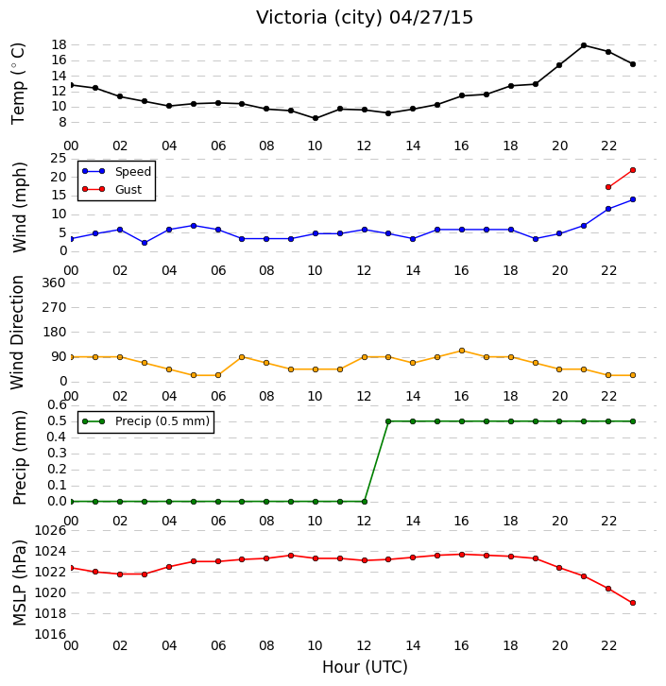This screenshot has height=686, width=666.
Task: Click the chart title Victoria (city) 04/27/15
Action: (x=365, y=18)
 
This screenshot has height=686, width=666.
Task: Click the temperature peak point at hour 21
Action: (x=584, y=45)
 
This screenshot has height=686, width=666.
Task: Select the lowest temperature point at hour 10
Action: (x=316, y=118)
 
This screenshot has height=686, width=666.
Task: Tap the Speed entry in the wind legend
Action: (x=116, y=171)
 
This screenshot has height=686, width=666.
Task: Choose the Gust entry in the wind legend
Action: (x=112, y=189)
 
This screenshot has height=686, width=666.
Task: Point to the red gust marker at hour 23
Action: (x=632, y=170)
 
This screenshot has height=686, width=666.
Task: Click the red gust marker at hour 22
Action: (x=607, y=187)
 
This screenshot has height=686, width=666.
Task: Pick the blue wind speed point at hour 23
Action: (x=632, y=199)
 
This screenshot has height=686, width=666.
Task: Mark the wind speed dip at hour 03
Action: (x=145, y=243)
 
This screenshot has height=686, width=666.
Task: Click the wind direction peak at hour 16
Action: (x=462, y=351)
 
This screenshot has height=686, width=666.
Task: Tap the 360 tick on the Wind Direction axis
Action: (x=54, y=283)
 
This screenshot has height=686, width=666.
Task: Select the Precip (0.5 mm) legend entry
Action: (x=146, y=421)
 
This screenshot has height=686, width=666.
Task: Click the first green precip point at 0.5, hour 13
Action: (x=388, y=421)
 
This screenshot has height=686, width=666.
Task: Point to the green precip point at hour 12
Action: (x=365, y=502)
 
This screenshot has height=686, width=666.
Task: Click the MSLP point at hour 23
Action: (x=632, y=603)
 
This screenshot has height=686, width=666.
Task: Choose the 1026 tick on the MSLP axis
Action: (x=50, y=531)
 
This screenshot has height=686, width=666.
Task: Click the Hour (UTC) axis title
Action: (x=365, y=667)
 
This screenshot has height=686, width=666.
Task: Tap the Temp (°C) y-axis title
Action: (x=18, y=83)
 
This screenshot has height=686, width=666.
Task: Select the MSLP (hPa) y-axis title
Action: (x=20, y=583)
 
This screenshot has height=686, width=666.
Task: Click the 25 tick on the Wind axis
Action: (x=59, y=159)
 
